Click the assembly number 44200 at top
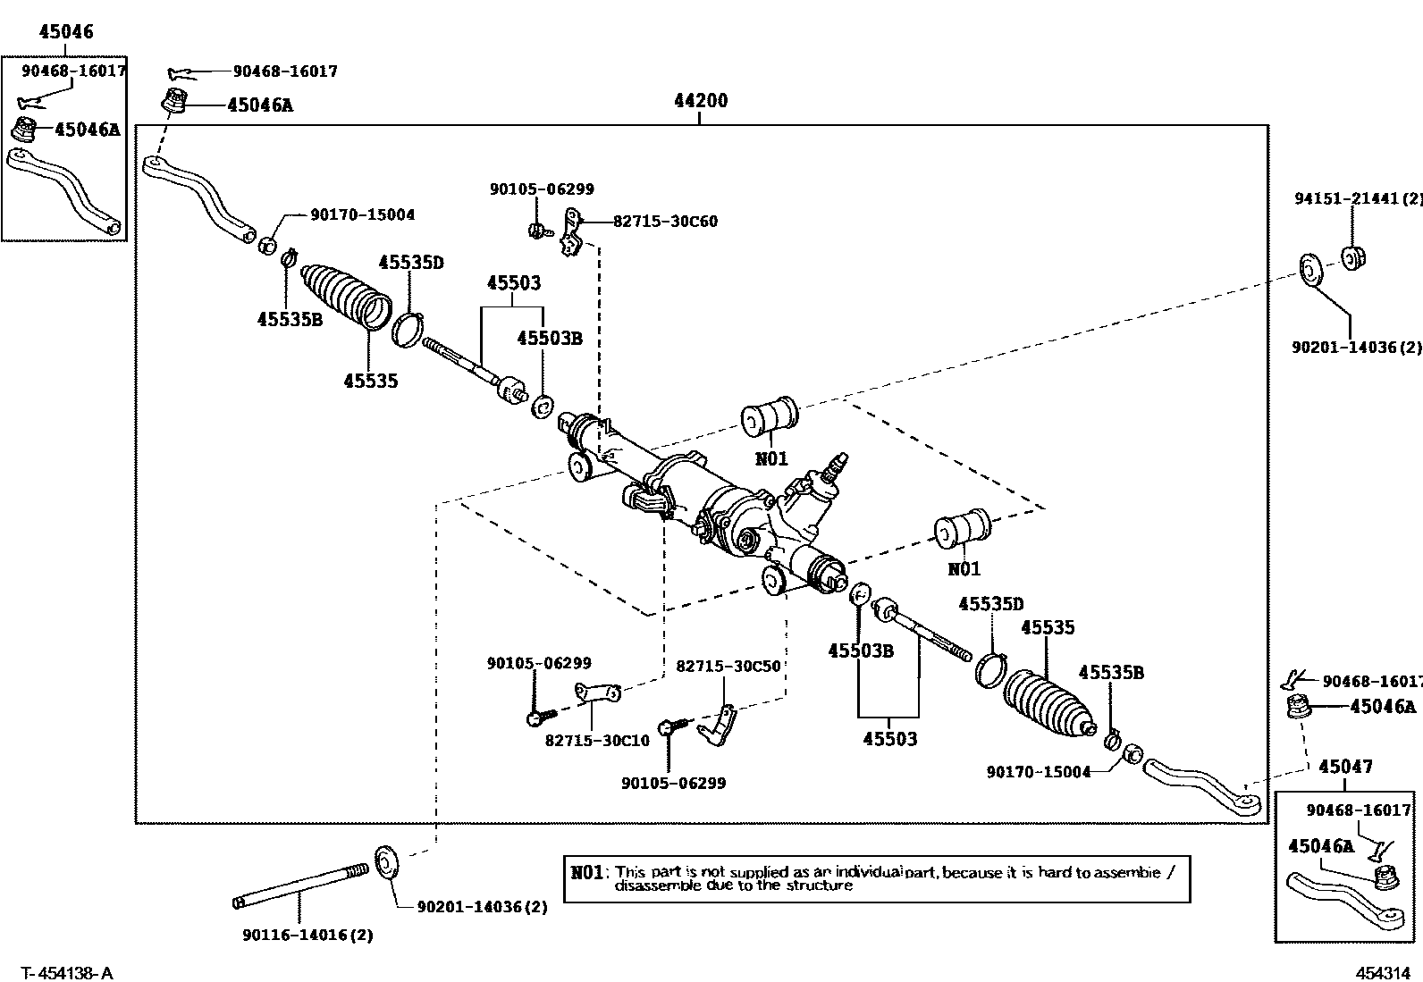700,101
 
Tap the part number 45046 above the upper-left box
65,32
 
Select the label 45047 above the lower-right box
1345,766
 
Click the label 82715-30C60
665,222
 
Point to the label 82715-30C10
597,740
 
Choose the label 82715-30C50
728,667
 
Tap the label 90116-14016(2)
307,936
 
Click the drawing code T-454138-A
68,973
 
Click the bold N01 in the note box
587,872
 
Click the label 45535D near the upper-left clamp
410,263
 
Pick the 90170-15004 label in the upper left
362,215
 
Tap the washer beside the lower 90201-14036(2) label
387,862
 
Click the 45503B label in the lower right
860,650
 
